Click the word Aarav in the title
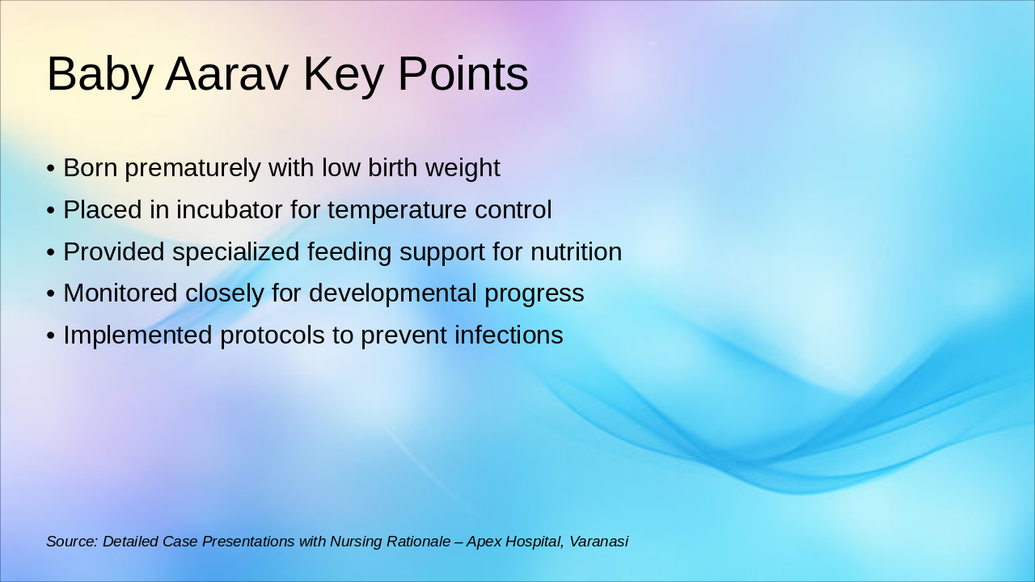(x=227, y=74)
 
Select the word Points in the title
(x=463, y=73)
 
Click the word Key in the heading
(x=344, y=76)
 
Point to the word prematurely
(x=192, y=168)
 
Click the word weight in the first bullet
(x=463, y=168)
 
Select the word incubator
(x=229, y=209)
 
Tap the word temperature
(x=397, y=211)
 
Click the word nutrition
(x=576, y=252)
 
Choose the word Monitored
(x=120, y=293)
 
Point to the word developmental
(x=392, y=294)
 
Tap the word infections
(x=509, y=335)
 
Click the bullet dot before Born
(x=51, y=169)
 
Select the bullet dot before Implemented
(x=51, y=335)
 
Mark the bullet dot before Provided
(x=51, y=253)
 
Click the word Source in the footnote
(x=72, y=542)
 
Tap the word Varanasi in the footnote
(x=598, y=542)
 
